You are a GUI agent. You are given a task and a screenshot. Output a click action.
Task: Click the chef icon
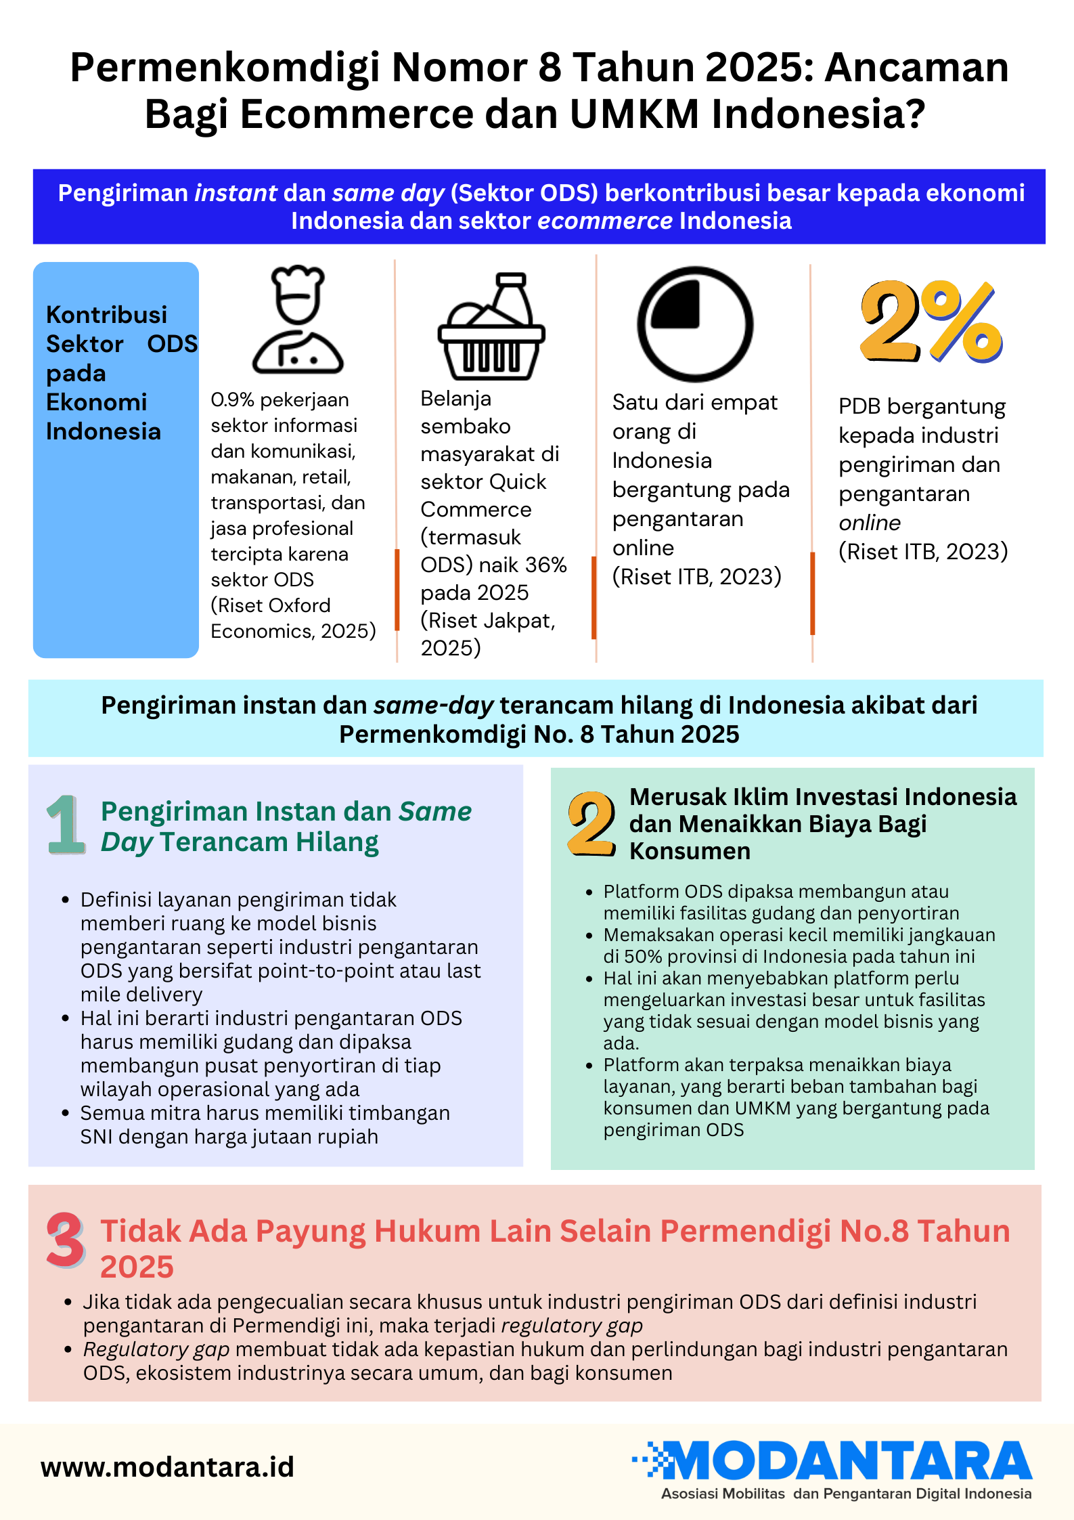tap(298, 320)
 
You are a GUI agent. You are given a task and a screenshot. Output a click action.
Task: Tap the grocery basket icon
tap(491, 326)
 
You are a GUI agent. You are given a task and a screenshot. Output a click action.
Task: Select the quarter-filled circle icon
tap(694, 324)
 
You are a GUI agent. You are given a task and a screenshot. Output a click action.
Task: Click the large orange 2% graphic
tap(931, 322)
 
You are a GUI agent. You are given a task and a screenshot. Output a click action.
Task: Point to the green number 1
tap(65, 824)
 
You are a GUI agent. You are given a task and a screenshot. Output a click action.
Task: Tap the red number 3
tap(65, 1240)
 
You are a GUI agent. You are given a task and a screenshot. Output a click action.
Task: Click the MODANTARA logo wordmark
tap(846, 1460)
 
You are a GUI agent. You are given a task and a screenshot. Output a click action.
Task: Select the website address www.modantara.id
tap(167, 1467)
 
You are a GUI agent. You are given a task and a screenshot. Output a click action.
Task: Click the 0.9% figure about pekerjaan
tap(232, 400)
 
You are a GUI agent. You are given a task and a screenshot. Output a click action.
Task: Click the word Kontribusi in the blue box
tap(106, 315)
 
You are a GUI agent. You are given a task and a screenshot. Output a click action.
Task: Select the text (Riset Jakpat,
tap(487, 620)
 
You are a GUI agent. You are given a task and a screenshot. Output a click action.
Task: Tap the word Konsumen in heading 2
tap(690, 851)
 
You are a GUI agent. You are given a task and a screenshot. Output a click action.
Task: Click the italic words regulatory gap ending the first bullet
tap(572, 1325)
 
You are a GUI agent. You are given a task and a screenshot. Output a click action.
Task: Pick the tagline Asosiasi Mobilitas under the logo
tap(723, 1494)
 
